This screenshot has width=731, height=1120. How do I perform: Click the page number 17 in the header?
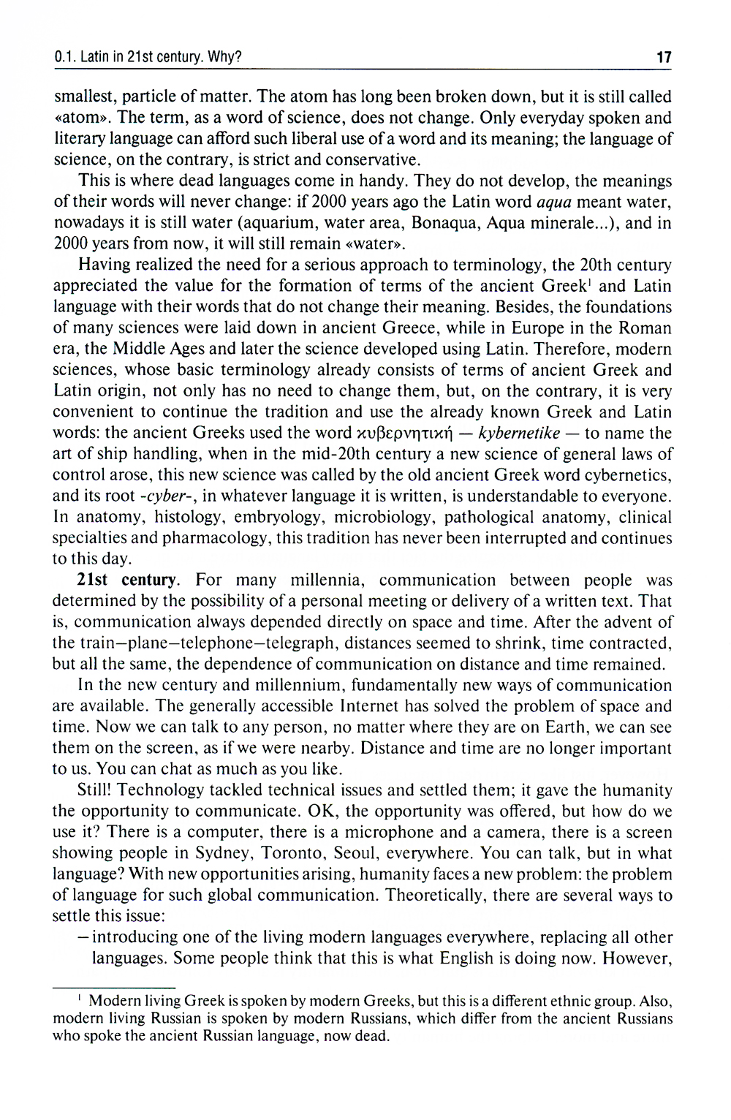[664, 57]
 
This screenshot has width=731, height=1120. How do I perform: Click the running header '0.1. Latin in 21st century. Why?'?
[148, 57]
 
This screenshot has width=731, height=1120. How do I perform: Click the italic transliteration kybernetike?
[519, 434]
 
